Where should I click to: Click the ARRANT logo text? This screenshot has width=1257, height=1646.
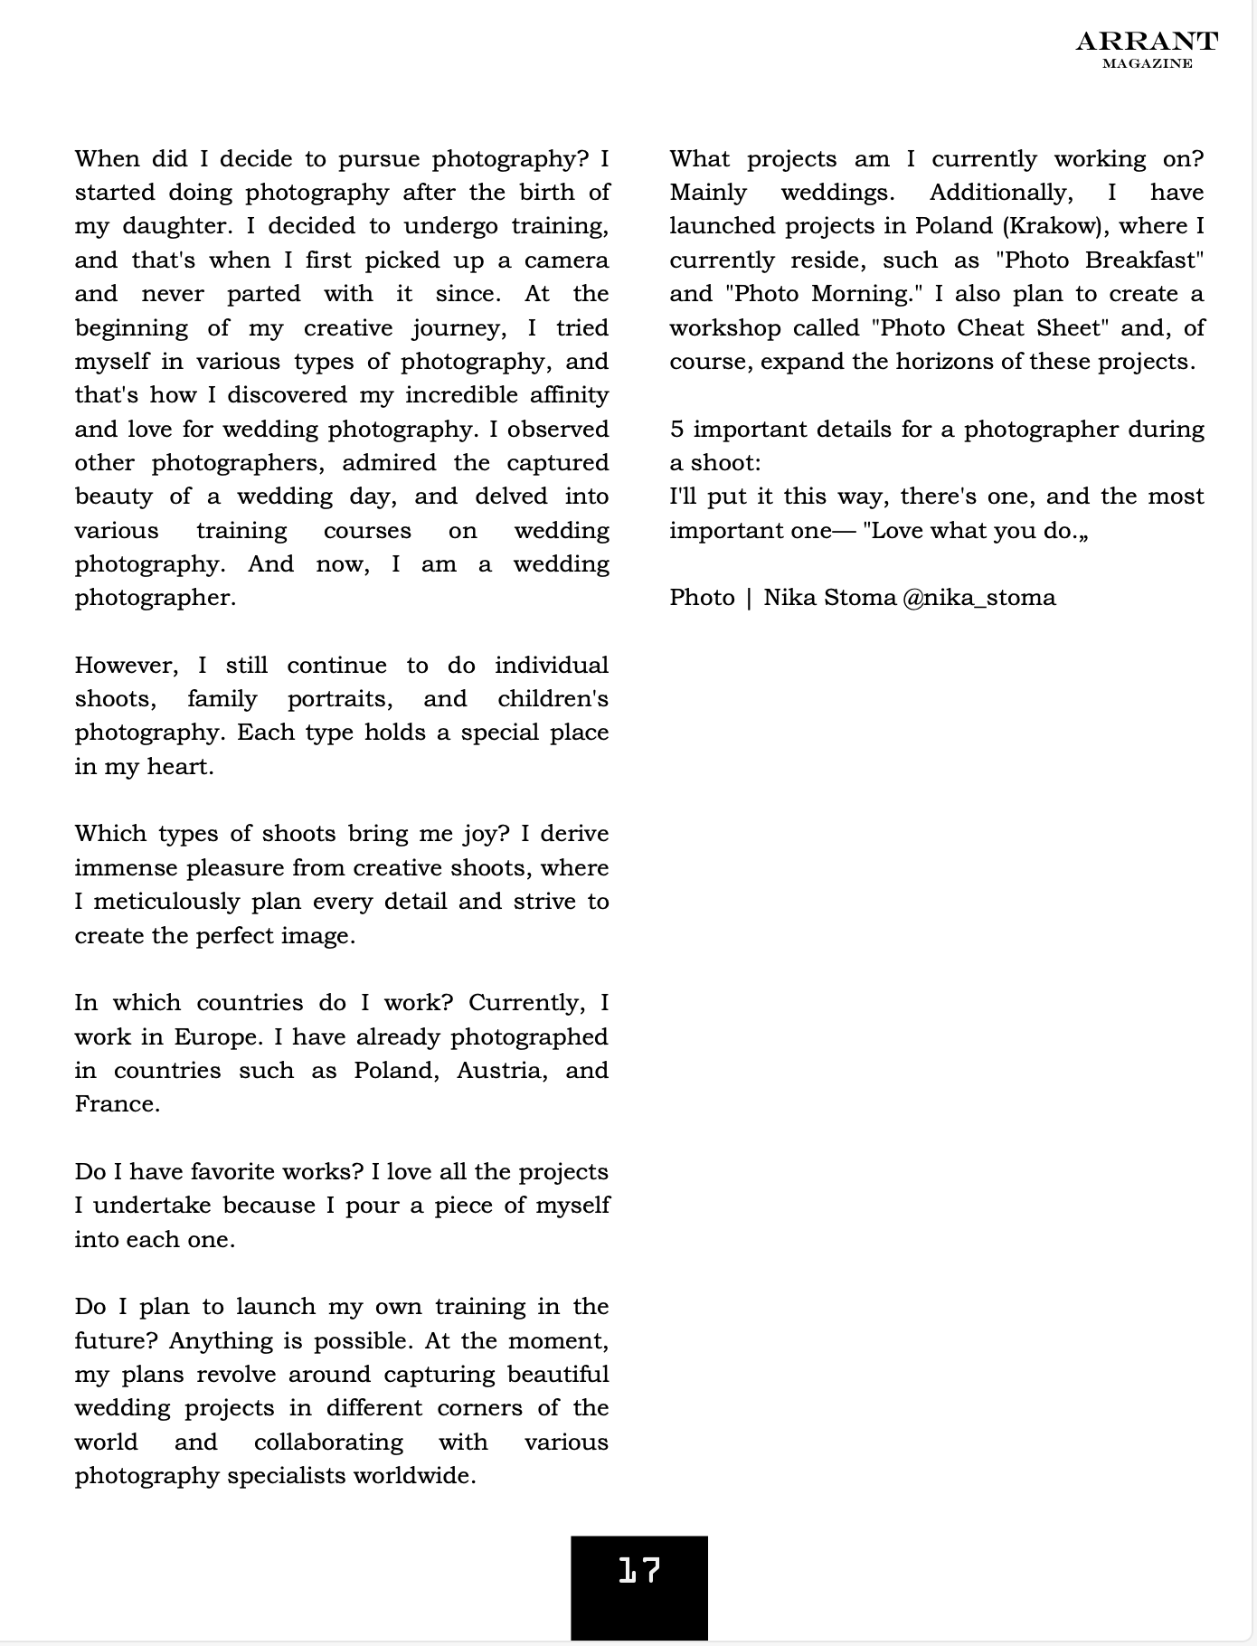[x=1147, y=42]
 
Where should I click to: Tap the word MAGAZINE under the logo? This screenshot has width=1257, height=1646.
[x=1147, y=63]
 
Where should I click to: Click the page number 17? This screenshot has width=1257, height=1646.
[x=639, y=1571]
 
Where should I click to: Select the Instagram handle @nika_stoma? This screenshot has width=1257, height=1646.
[x=978, y=598]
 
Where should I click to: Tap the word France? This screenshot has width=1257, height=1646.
[x=117, y=1104]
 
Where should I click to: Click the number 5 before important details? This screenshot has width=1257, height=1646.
[x=677, y=430]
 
